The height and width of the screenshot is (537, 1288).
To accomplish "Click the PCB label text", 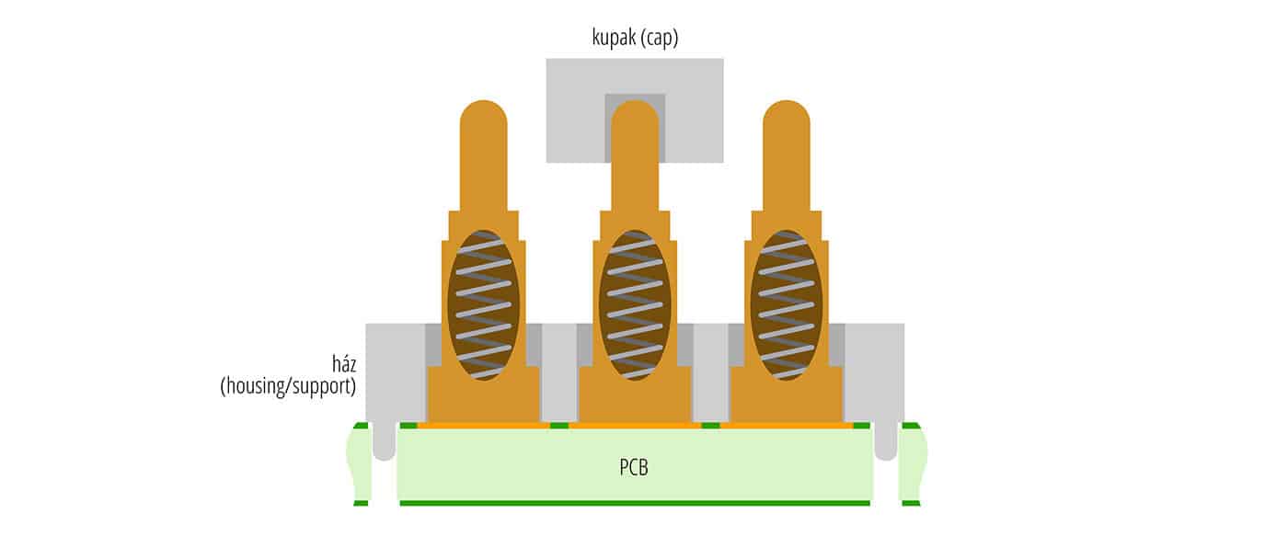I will [634, 467].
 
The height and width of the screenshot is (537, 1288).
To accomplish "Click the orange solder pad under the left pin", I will [483, 426].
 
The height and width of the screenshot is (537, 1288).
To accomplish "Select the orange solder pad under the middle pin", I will [635, 426].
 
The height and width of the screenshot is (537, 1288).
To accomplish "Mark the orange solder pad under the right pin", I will [787, 426].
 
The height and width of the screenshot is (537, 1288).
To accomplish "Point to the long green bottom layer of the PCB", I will [635, 503].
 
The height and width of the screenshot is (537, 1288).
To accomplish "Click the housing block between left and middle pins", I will [558, 372].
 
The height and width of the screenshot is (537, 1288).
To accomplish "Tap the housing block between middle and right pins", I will [710, 372].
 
